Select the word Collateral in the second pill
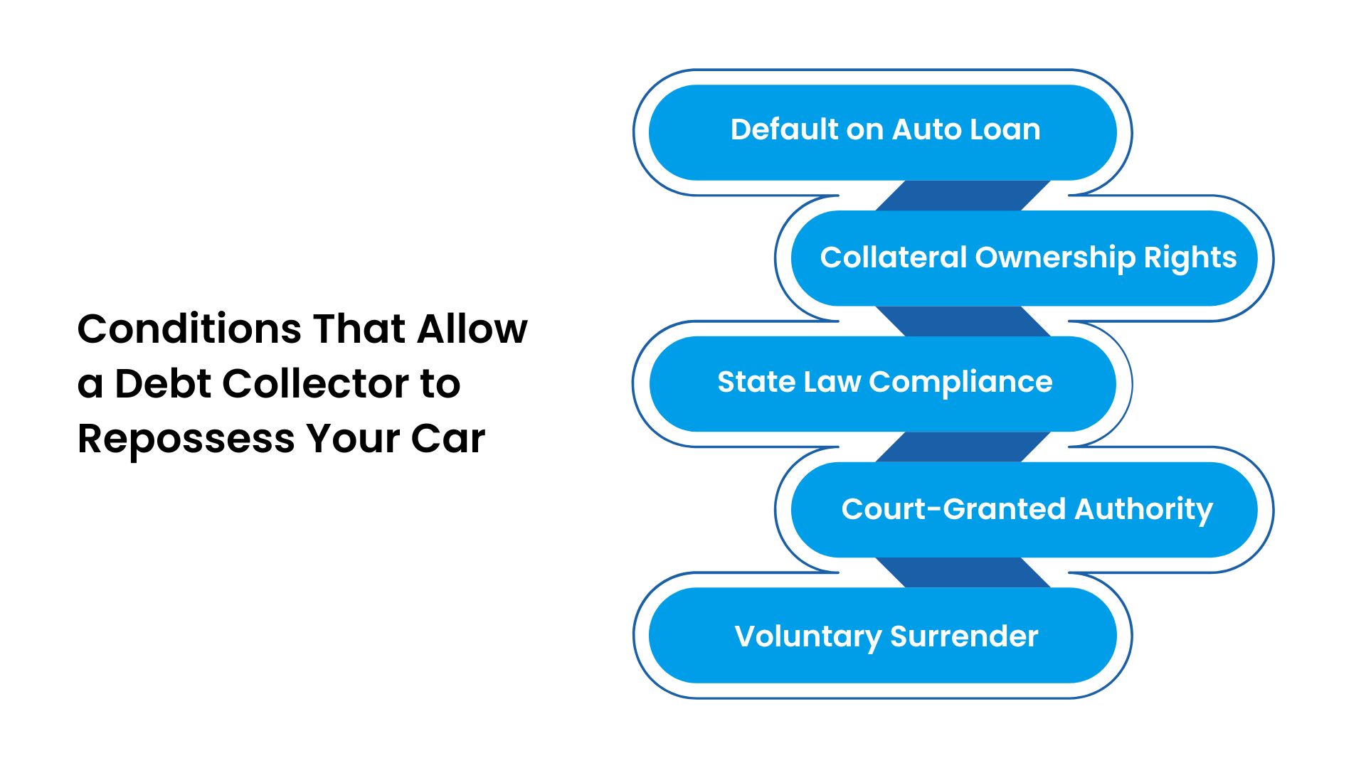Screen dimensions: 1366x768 893,257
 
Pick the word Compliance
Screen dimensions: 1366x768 960,383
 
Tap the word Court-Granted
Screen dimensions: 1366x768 953,509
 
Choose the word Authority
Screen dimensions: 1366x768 1143,509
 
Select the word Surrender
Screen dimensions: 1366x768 964,636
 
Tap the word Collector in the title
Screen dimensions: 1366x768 317,384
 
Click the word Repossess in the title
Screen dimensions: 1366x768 186,439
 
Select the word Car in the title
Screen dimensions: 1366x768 448,439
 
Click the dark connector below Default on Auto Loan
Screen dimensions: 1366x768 963,196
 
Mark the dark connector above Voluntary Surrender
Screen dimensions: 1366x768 963,572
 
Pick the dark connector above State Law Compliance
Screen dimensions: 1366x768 963,321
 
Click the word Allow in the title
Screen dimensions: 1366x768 472,329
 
